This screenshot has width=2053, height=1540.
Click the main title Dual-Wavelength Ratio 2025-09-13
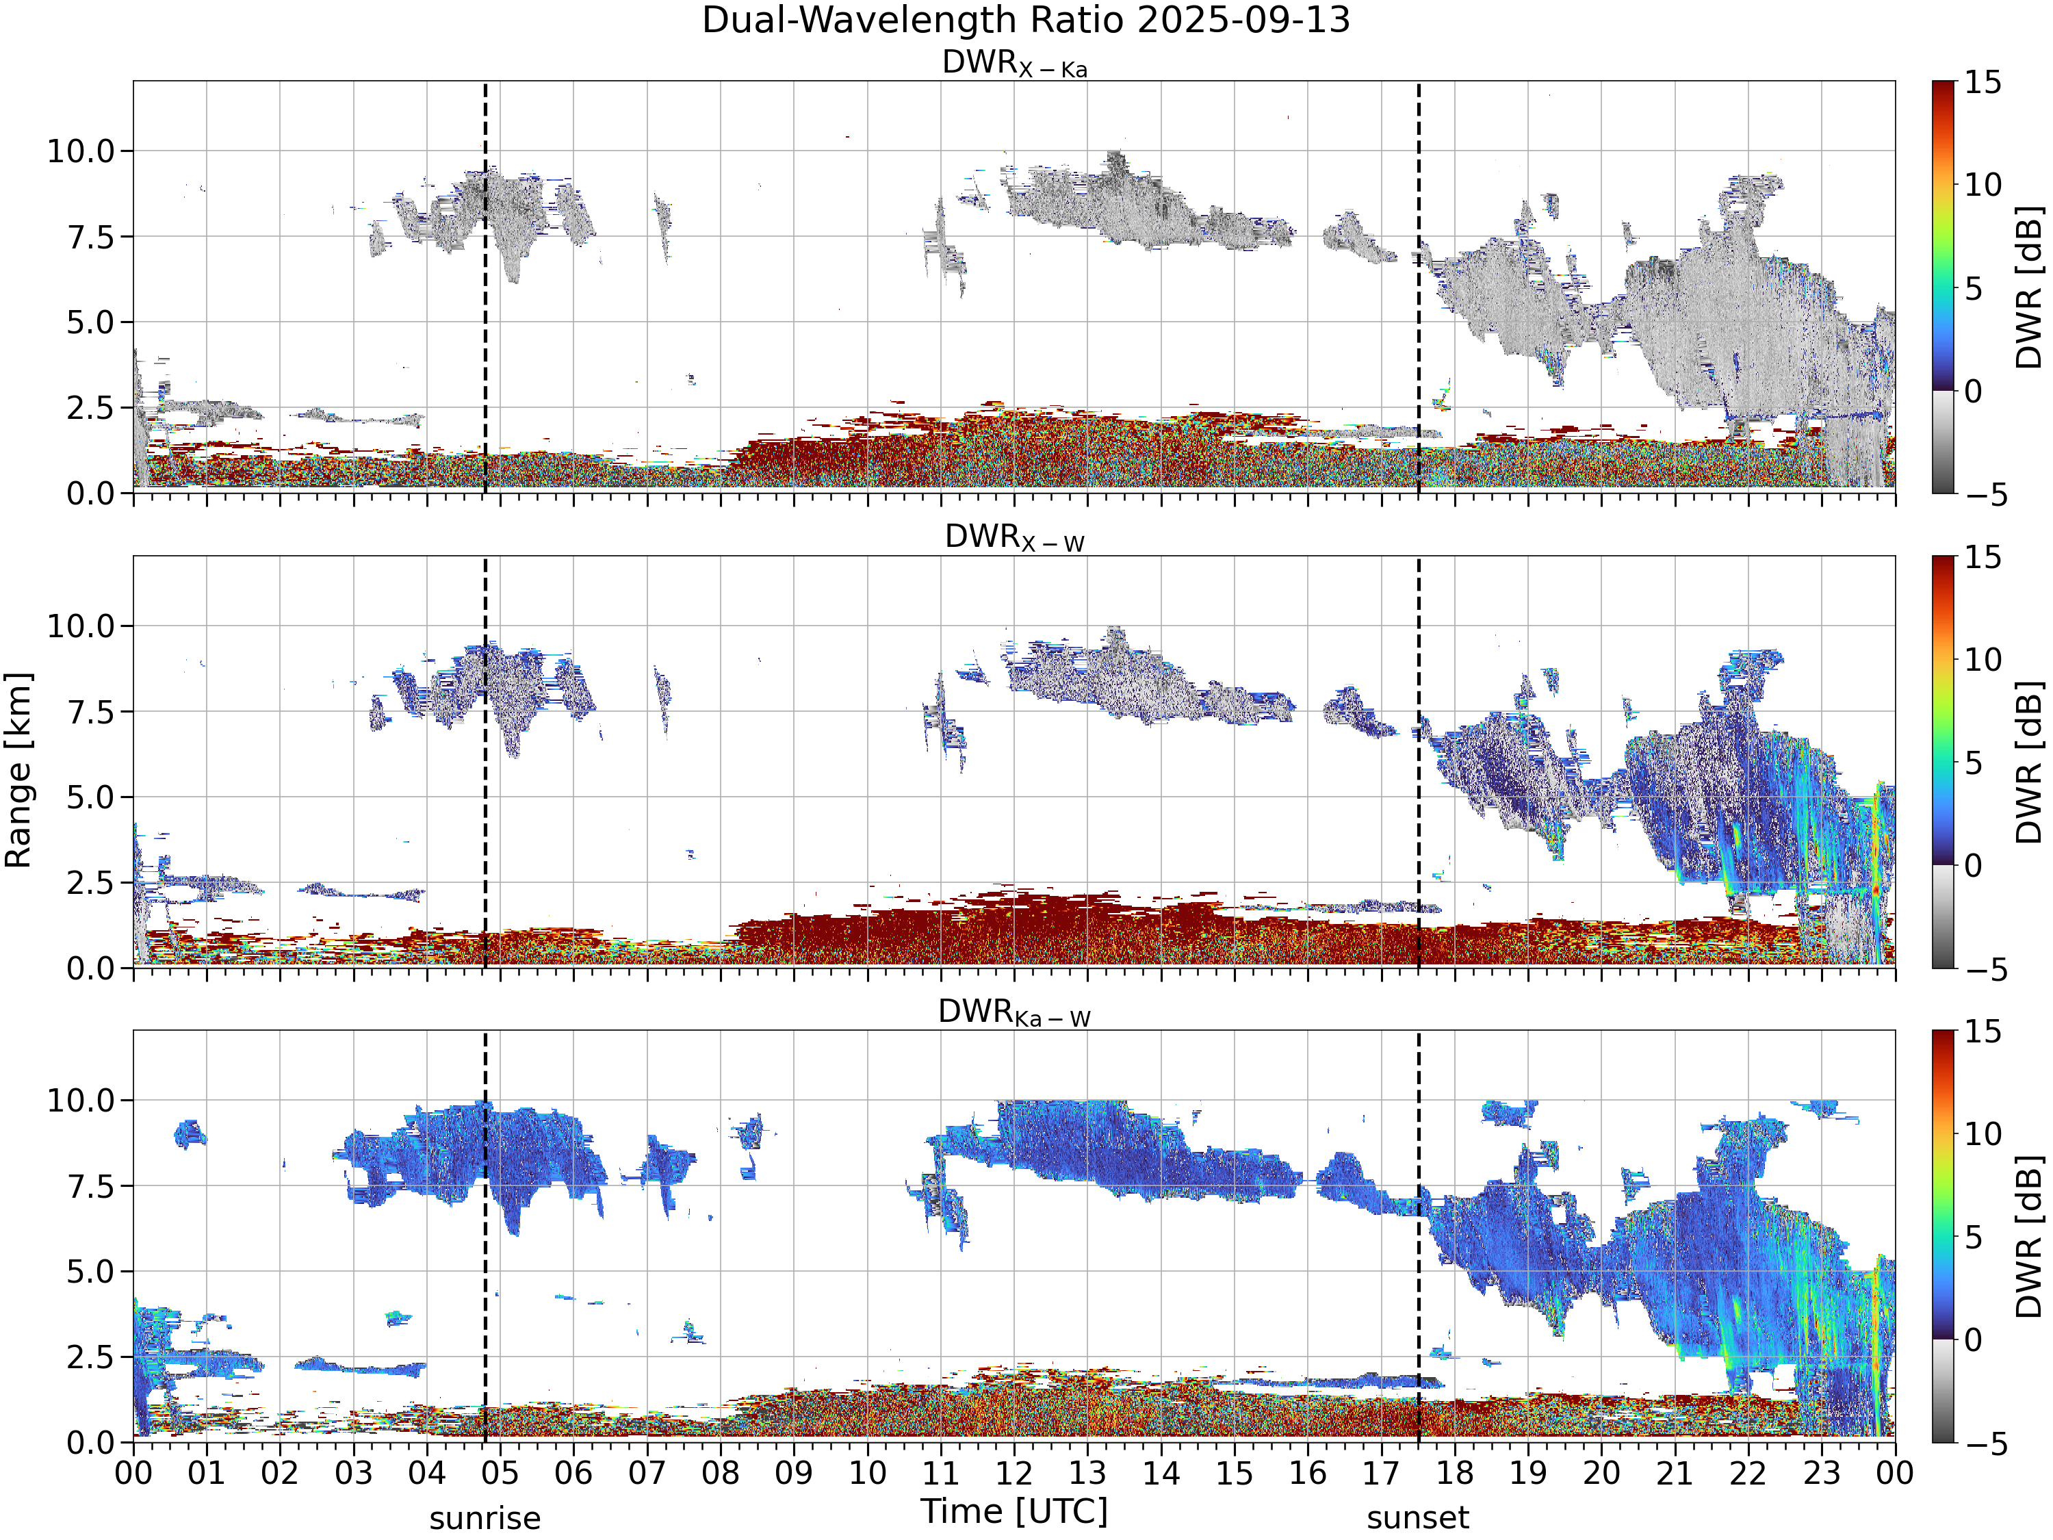pos(1026,21)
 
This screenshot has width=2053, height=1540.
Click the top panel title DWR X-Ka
pos(1014,63)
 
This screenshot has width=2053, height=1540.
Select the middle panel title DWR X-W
pos(1014,537)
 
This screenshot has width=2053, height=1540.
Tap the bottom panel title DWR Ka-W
pos(1014,1012)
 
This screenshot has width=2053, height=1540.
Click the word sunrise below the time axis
pos(485,1519)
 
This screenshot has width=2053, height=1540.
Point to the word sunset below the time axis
pos(1418,1519)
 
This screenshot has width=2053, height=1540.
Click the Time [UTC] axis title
pos(1014,1512)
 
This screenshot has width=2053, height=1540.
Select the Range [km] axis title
pos(18,771)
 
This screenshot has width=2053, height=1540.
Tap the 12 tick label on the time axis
pos(1013,1473)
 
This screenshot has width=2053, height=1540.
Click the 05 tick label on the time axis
pos(500,1473)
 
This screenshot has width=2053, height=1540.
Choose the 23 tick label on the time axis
pos(1821,1473)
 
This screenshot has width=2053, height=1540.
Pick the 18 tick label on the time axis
pos(1454,1473)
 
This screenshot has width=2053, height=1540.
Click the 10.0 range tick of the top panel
pos(81,151)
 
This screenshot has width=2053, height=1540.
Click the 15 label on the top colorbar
pos(1983,83)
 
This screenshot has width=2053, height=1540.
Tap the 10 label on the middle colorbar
pos(1983,660)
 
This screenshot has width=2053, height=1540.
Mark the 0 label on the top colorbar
pos(1973,391)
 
